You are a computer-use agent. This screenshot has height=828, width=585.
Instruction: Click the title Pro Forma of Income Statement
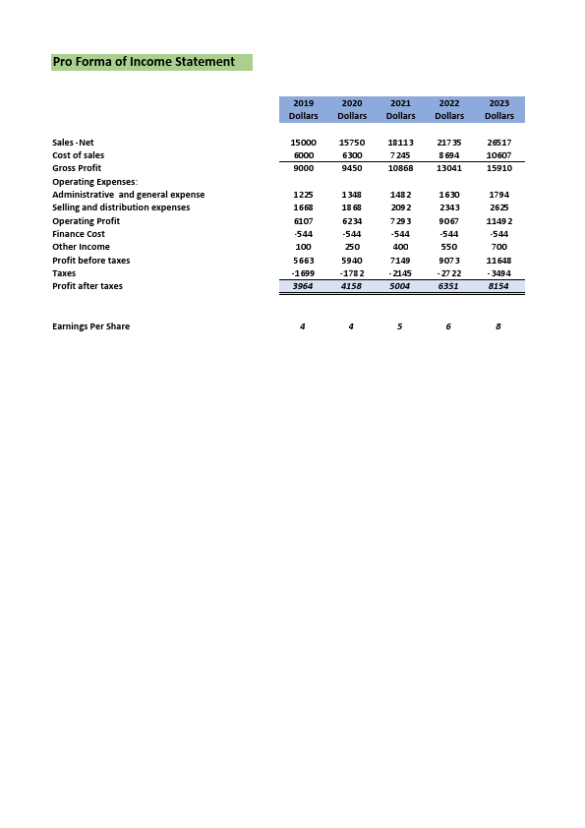(144, 62)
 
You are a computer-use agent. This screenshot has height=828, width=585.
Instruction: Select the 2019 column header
(303, 103)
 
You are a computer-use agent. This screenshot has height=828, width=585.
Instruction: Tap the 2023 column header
(499, 103)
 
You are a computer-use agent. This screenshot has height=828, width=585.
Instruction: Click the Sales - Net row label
(73, 143)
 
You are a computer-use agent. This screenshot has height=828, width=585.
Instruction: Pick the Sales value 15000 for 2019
(303, 143)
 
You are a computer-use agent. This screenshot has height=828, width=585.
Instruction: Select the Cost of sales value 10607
(499, 155)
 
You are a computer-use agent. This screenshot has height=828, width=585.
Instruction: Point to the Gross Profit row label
(77, 168)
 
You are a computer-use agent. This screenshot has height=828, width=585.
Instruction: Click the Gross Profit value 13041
(449, 168)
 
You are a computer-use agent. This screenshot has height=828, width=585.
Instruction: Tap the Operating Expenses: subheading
(94, 182)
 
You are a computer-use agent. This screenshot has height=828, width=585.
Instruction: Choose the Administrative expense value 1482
(400, 195)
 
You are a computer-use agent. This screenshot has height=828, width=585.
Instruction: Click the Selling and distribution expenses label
(121, 207)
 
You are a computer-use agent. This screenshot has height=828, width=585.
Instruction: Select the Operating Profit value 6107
(303, 221)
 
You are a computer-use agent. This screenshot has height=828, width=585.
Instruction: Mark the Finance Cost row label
(79, 234)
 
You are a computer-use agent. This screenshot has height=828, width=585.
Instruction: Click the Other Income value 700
(499, 247)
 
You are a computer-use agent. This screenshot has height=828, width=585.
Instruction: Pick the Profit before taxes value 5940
(352, 261)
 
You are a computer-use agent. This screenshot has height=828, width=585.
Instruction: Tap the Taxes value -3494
(499, 272)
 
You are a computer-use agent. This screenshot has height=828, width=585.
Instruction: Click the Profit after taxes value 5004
(400, 286)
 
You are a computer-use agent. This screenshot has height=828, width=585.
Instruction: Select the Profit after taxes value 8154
(499, 286)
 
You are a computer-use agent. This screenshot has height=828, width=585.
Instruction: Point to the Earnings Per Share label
(90, 326)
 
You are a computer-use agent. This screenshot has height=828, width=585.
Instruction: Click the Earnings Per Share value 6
(448, 326)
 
